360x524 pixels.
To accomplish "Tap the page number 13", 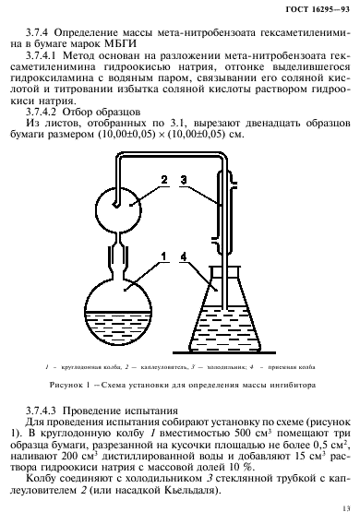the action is pyautogui.click(x=342, y=506).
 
